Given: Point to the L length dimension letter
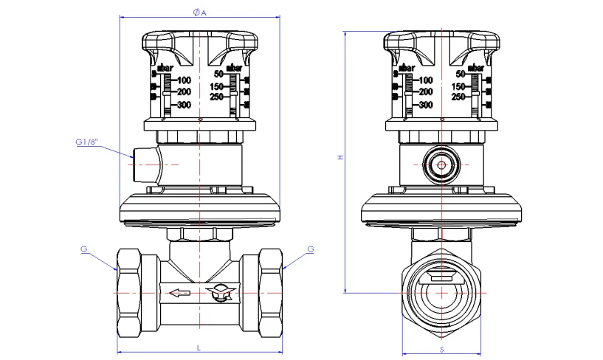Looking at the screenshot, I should click(199, 347).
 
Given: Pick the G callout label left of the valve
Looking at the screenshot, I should click(85, 249).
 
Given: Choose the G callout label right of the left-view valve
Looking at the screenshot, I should click(310, 249).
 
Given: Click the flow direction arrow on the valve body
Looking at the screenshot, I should click(179, 293).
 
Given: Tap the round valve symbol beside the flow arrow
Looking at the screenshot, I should click(220, 293).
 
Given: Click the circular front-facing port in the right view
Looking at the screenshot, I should click(441, 166).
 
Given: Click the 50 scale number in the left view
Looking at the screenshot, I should click(218, 74).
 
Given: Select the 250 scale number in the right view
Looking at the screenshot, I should click(458, 97).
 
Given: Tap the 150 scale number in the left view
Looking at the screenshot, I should click(217, 86).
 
